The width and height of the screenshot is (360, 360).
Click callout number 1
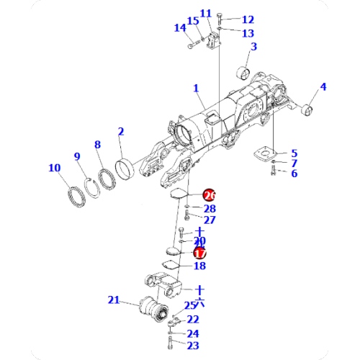pos(195,88)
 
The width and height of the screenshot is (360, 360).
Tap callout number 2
pos(121,131)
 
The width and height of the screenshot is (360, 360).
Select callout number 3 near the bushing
pos(253,48)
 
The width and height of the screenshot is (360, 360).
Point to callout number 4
pos(323,87)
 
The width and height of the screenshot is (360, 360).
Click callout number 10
pos(54,168)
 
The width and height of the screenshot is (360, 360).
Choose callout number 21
pos(114,300)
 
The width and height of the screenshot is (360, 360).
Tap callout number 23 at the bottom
pos(192,346)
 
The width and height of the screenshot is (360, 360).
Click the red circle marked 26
pos(209,195)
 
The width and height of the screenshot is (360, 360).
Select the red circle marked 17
pos(200,253)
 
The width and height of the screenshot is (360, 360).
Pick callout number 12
pos(248,19)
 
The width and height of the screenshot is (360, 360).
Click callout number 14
pos(179,28)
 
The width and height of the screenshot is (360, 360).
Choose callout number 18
pos(199,266)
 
